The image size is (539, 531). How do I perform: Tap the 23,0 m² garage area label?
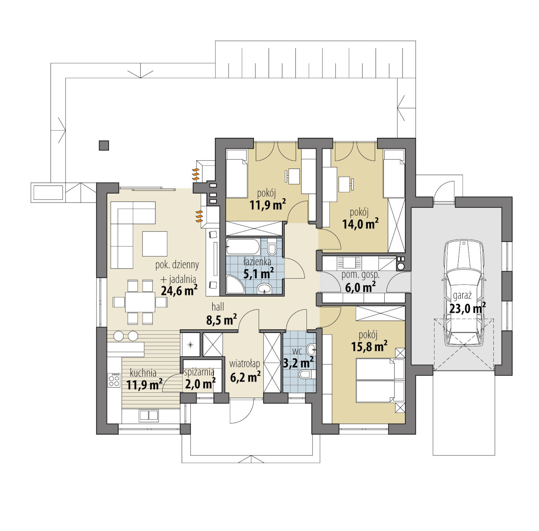pos(467,308)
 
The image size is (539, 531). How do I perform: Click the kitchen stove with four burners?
pos(114,380)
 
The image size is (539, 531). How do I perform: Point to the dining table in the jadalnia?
pos(140,302)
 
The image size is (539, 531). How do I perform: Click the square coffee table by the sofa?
pos(155,244)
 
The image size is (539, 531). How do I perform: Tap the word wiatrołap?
pos(245,364)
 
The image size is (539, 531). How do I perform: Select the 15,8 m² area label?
pos(369,347)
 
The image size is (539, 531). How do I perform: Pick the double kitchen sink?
pos(148,415)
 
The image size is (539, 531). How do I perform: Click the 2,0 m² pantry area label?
pos(200,384)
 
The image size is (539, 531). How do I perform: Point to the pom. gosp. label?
pos(360,275)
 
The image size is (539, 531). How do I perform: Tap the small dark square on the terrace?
pos(104,145)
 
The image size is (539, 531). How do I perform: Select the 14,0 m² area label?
pos(361,224)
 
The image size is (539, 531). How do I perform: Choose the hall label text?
pos(218,307)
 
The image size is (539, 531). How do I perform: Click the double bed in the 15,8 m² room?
pos(380,381)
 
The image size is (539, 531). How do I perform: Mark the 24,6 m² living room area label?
pos(179,291)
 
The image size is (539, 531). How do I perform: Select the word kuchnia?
pos(143,373)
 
